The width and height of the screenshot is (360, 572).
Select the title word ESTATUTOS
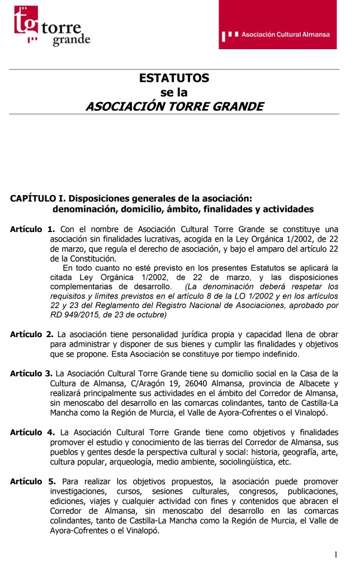[x=174, y=78]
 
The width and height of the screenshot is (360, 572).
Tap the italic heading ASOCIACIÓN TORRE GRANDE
[x=174, y=106]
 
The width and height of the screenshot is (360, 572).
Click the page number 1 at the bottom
[x=336, y=554]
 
